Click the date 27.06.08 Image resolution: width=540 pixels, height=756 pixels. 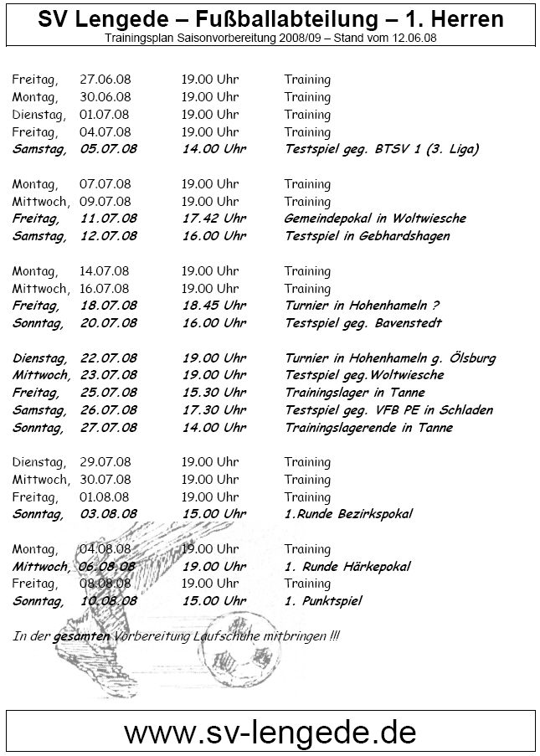[105, 80]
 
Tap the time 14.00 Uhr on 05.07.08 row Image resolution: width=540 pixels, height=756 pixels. [213, 149]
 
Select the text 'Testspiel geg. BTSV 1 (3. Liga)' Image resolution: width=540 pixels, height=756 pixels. [381, 149]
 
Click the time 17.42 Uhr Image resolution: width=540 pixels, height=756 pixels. [213, 219]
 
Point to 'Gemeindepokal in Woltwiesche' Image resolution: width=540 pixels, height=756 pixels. [375, 219]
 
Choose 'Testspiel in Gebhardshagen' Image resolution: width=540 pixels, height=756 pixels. [367, 236]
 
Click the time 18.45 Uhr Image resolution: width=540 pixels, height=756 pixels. [213, 306]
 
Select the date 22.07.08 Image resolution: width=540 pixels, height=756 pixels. [109, 358]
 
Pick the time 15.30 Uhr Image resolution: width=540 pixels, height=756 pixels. [213, 393]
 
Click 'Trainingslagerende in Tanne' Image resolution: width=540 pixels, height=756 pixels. [368, 428]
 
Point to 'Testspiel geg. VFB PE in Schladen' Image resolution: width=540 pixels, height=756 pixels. [388, 410]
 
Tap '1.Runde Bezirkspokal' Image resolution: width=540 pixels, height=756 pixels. [348, 514]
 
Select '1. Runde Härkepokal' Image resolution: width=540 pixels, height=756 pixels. [347, 567]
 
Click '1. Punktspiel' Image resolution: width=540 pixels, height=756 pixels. [324, 601]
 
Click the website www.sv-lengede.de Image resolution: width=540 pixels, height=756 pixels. [270, 732]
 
